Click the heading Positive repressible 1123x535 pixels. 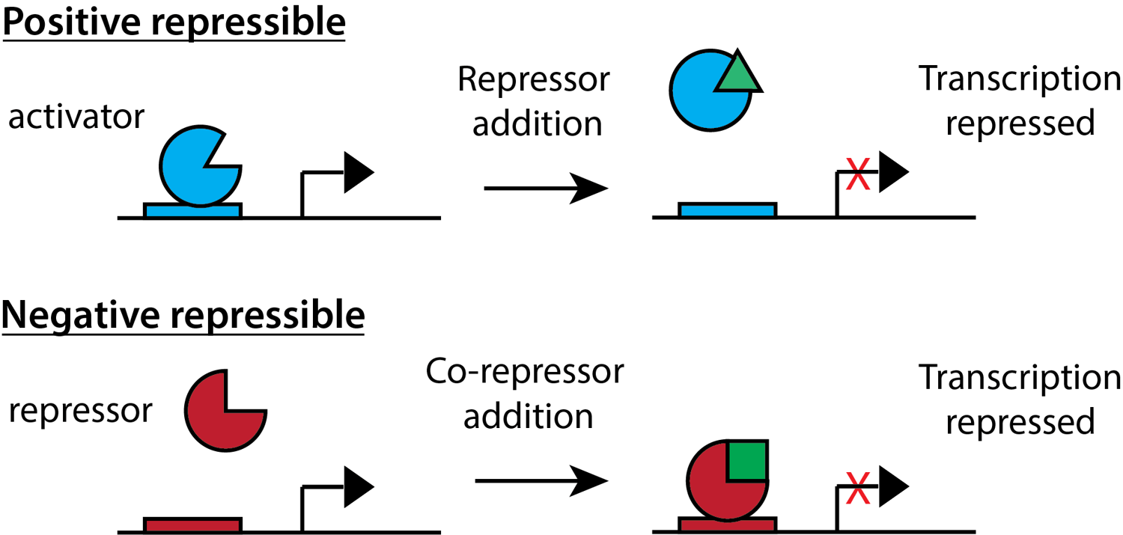click(174, 22)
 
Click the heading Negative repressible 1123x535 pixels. click(183, 315)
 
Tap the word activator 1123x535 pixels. click(76, 117)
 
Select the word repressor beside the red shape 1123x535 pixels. click(80, 411)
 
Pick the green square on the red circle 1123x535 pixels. click(747, 460)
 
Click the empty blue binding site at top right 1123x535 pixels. click(727, 210)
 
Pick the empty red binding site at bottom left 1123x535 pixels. click(193, 525)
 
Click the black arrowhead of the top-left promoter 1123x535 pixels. click(358, 172)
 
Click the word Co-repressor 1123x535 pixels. click(524, 372)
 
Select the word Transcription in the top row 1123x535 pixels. click(1020, 79)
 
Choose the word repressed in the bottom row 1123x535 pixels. click(1020, 422)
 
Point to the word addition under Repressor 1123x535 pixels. click(538, 123)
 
